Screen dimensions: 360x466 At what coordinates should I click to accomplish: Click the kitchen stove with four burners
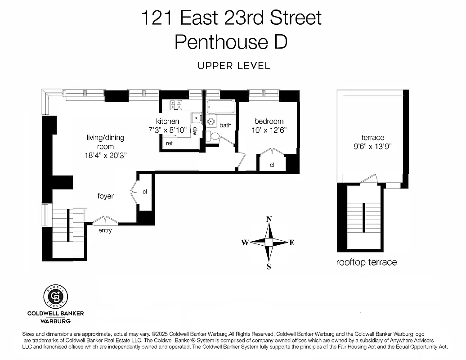point(176,105)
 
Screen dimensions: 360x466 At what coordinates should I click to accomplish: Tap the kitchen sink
point(197,118)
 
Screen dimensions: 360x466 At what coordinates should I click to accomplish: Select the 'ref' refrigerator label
point(169,144)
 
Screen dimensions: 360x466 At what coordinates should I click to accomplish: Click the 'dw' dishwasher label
point(195,131)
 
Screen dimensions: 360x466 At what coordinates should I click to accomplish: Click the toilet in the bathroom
point(215,136)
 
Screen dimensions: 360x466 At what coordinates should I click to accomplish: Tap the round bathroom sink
point(211,121)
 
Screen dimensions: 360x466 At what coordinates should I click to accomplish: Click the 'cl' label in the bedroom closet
point(272,165)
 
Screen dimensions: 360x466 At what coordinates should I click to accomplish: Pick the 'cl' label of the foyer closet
point(144,192)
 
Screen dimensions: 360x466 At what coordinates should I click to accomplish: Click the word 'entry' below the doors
point(105,230)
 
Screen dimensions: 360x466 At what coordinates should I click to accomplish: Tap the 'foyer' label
point(106,196)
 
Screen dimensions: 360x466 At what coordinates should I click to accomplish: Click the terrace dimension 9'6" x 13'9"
point(373,146)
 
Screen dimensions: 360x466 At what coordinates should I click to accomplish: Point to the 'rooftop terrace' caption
point(367,262)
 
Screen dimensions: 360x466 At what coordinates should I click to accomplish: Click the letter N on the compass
point(269,219)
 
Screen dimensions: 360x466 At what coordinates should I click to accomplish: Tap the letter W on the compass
point(245,243)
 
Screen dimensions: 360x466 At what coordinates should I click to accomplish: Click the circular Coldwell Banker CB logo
point(56,297)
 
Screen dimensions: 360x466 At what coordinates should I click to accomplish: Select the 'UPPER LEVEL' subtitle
point(234,66)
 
